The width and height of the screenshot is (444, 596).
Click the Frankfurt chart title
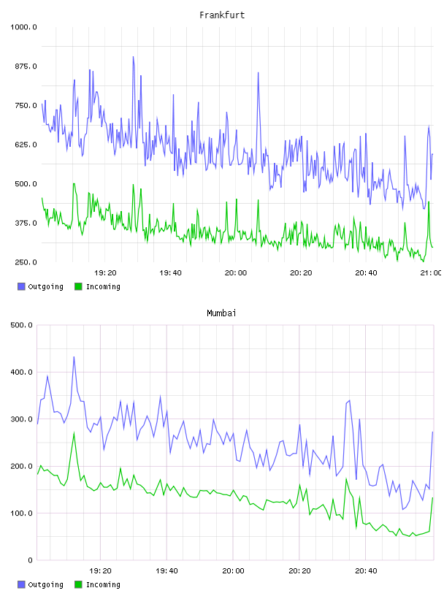222,15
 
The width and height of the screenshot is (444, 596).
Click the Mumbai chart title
221,313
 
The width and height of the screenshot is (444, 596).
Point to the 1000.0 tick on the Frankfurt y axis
23,27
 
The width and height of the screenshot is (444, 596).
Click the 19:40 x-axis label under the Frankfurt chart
170,272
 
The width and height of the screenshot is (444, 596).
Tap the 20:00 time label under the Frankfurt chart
236,272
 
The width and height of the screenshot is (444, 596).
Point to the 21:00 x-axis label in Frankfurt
431,272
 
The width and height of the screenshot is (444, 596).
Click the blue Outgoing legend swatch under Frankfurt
21,286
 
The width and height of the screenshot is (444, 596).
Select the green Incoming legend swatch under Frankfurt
78,286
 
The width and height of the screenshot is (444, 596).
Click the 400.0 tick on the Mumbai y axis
21,372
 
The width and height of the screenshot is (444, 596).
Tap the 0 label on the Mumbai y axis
31,560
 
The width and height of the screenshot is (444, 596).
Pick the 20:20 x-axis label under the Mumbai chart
299,570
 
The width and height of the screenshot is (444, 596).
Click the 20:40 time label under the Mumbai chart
366,570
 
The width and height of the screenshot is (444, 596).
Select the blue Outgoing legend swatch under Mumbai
21,584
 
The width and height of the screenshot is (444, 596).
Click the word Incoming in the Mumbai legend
103,584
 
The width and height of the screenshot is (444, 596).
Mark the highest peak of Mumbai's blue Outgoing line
74,356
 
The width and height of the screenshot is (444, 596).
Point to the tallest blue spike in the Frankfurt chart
133,57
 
